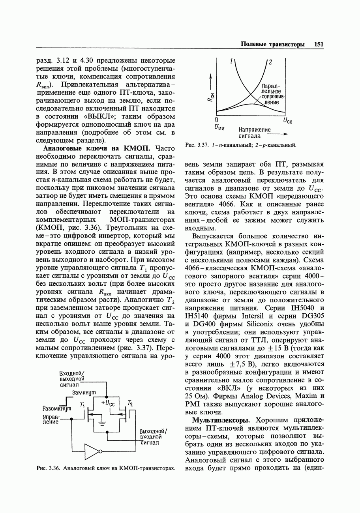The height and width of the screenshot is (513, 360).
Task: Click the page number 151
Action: tap(319, 44)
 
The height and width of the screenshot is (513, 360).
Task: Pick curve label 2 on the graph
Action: tap(270, 62)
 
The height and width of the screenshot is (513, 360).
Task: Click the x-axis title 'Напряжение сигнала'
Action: tap(255, 133)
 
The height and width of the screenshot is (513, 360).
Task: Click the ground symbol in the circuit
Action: tap(103, 424)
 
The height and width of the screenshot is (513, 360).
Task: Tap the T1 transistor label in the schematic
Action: tap(82, 404)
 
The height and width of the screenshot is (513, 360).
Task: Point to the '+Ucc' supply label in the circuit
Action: tap(108, 403)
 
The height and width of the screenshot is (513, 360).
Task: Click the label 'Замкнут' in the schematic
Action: tap(84, 392)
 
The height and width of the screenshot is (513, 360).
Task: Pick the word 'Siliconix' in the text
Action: tap(258, 324)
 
